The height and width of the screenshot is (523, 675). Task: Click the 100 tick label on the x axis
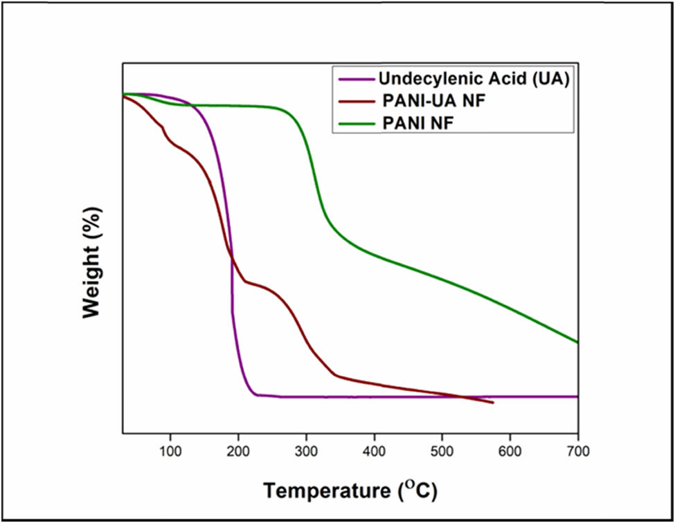[170, 452]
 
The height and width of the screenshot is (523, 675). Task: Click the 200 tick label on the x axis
[238, 452]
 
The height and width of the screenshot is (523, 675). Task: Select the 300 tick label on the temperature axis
[306, 452]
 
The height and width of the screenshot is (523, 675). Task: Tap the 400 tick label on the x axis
[374, 452]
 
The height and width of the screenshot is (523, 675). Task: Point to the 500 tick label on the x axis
[442, 452]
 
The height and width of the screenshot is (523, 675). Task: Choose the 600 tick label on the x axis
[510, 452]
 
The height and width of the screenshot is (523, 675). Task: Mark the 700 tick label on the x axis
[577, 452]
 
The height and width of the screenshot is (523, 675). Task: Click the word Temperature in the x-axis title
[326, 491]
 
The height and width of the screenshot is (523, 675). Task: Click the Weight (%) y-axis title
[91, 262]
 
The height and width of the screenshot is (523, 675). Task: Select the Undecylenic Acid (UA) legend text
[474, 80]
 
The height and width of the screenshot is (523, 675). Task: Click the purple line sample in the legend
[354, 80]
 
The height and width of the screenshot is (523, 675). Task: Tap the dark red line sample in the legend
[354, 102]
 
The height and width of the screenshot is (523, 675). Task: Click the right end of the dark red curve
[493, 403]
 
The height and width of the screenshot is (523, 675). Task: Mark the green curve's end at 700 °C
[577, 342]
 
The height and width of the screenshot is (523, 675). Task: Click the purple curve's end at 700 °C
[577, 396]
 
